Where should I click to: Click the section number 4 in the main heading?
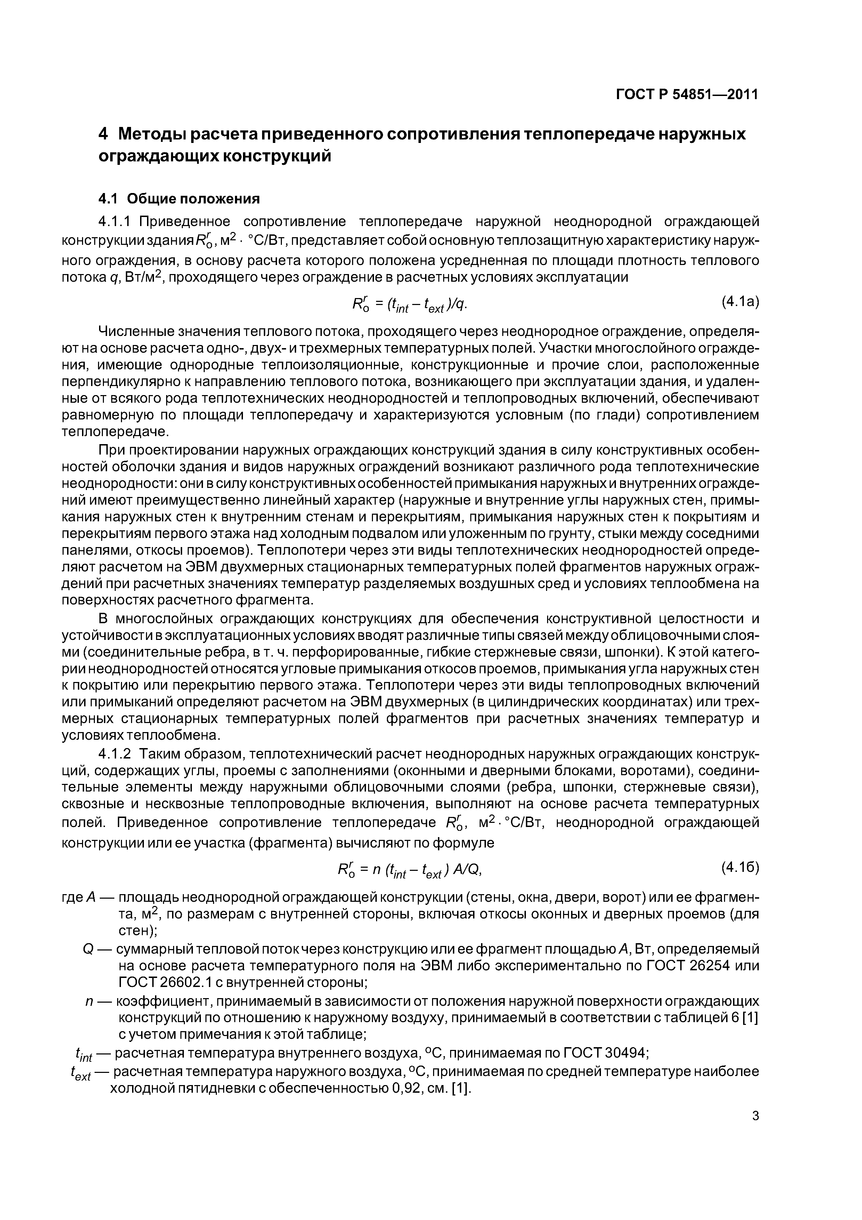point(104,134)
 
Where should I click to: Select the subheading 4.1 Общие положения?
point(179,199)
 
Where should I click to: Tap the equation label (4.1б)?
point(739,867)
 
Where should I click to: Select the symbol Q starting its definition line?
point(89,948)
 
